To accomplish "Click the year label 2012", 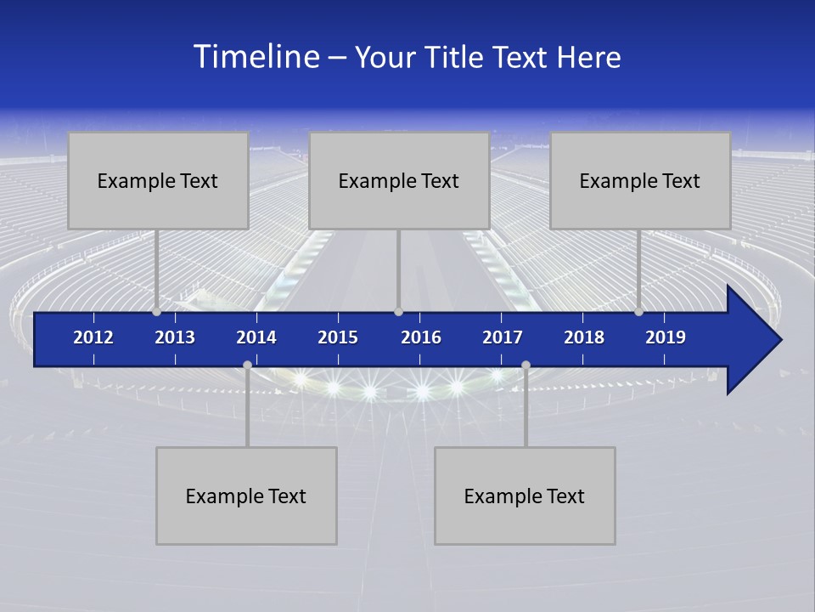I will (x=93, y=337).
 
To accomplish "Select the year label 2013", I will (x=175, y=337).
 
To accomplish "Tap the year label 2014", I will (x=256, y=337).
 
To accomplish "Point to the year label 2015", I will (x=338, y=337).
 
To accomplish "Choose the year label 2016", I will (x=421, y=337).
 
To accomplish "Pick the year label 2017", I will (x=503, y=337).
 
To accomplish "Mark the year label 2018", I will (x=584, y=337).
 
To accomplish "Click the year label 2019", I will (x=666, y=337).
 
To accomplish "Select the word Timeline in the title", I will (x=256, y=57).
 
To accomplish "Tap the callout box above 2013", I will (x=158, y=180).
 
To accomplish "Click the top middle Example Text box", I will (x=399, y=180).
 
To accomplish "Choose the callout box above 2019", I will (x=640, y=180).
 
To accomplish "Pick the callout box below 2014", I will (x=246, y=496).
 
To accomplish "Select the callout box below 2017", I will (x=525, y=496).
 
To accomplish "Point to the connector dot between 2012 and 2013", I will (x=156, y=312).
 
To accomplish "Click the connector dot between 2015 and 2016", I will (x=398, y=312).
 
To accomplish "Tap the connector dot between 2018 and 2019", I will (x=638, y=312).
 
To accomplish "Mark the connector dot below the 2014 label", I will (x=247, y=365).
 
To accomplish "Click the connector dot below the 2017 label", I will (x=526, y=365).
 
